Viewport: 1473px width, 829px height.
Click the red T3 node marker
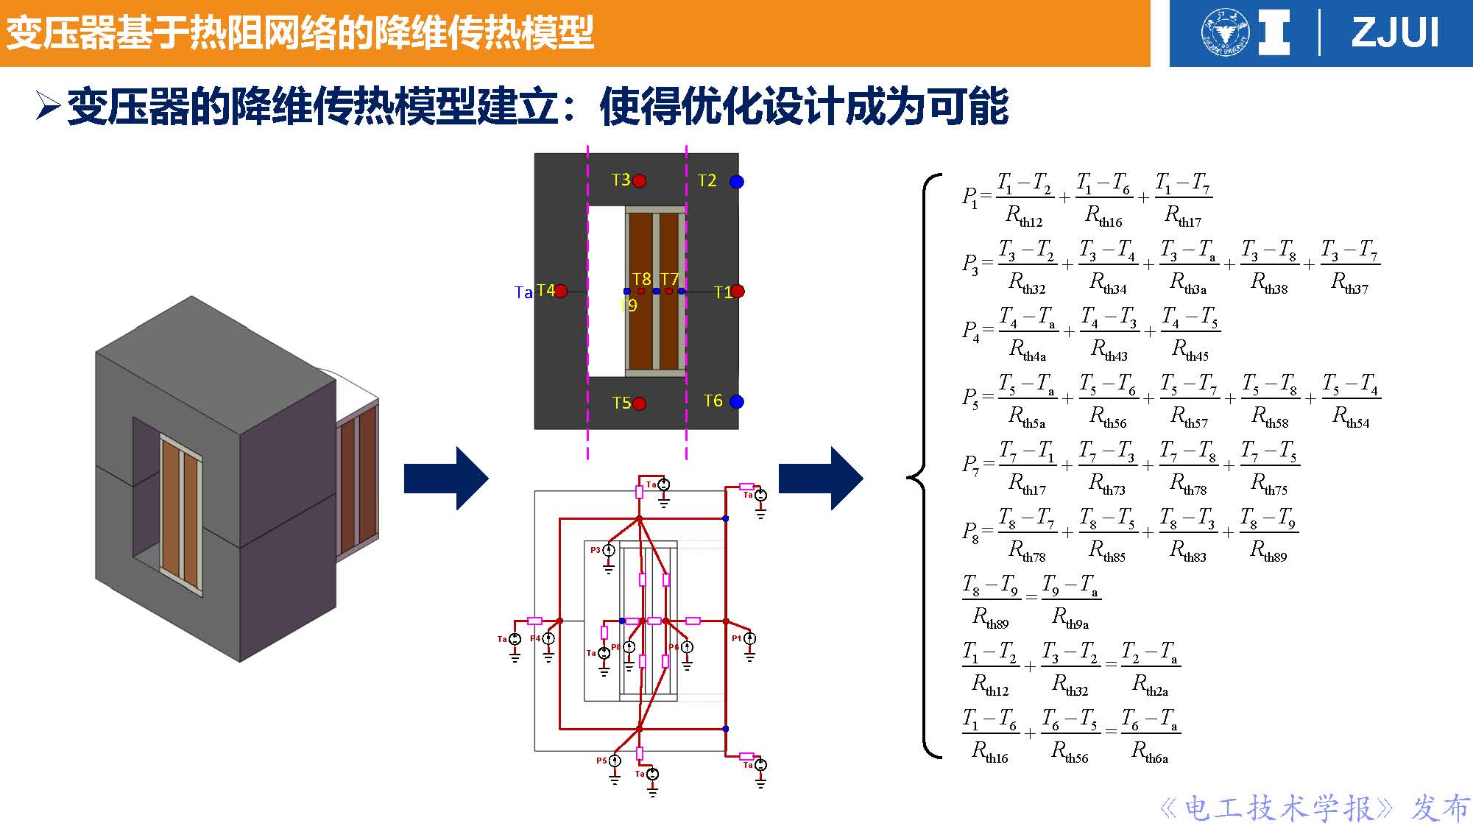639,180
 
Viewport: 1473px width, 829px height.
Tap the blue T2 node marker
736,181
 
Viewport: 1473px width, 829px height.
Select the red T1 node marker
738,292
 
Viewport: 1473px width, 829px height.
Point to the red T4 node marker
561,292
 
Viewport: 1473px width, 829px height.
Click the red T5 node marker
639,403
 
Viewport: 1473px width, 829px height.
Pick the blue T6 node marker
736,401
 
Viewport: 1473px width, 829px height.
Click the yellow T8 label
641,279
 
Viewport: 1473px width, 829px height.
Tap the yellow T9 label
628,305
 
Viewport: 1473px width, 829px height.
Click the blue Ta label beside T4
523,293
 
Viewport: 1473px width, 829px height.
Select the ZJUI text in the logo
1395,33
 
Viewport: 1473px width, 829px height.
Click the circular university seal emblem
1225,33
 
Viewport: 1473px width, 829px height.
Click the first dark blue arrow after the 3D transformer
446,479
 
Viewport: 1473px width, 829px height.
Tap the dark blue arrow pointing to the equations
821,479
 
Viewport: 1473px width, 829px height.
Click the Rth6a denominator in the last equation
1150,752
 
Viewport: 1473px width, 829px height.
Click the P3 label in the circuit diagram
595,550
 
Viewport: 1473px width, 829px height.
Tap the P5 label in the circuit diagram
601,761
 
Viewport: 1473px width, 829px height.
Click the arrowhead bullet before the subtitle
47,107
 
